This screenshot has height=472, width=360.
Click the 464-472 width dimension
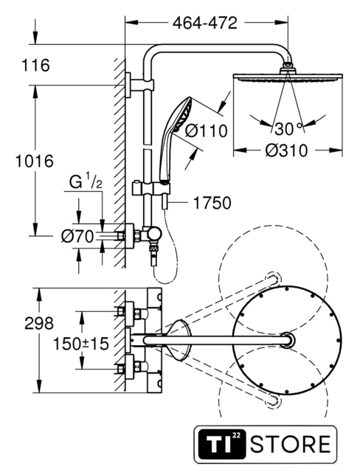(205, 23)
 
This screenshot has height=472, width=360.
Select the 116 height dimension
(35, 66)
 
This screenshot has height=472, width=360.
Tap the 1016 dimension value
(35, 161)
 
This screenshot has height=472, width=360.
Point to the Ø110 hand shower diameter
(206, 131)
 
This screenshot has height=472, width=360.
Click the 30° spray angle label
(288, 129)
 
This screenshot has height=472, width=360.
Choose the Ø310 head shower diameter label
(286, 150)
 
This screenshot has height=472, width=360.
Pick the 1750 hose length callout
(212, 203)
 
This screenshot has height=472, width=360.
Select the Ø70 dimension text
(77, 236)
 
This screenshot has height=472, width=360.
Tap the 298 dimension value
(39, 323)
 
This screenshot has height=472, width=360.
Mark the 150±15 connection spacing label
(80, 344)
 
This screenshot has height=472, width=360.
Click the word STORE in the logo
(290, 444)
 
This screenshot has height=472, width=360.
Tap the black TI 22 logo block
(222, 444)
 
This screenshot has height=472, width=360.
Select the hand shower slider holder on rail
(151, 189)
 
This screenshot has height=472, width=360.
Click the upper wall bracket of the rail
(139, 85)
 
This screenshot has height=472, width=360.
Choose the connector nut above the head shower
(288, 66)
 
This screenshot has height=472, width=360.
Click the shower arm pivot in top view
(288, 341)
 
